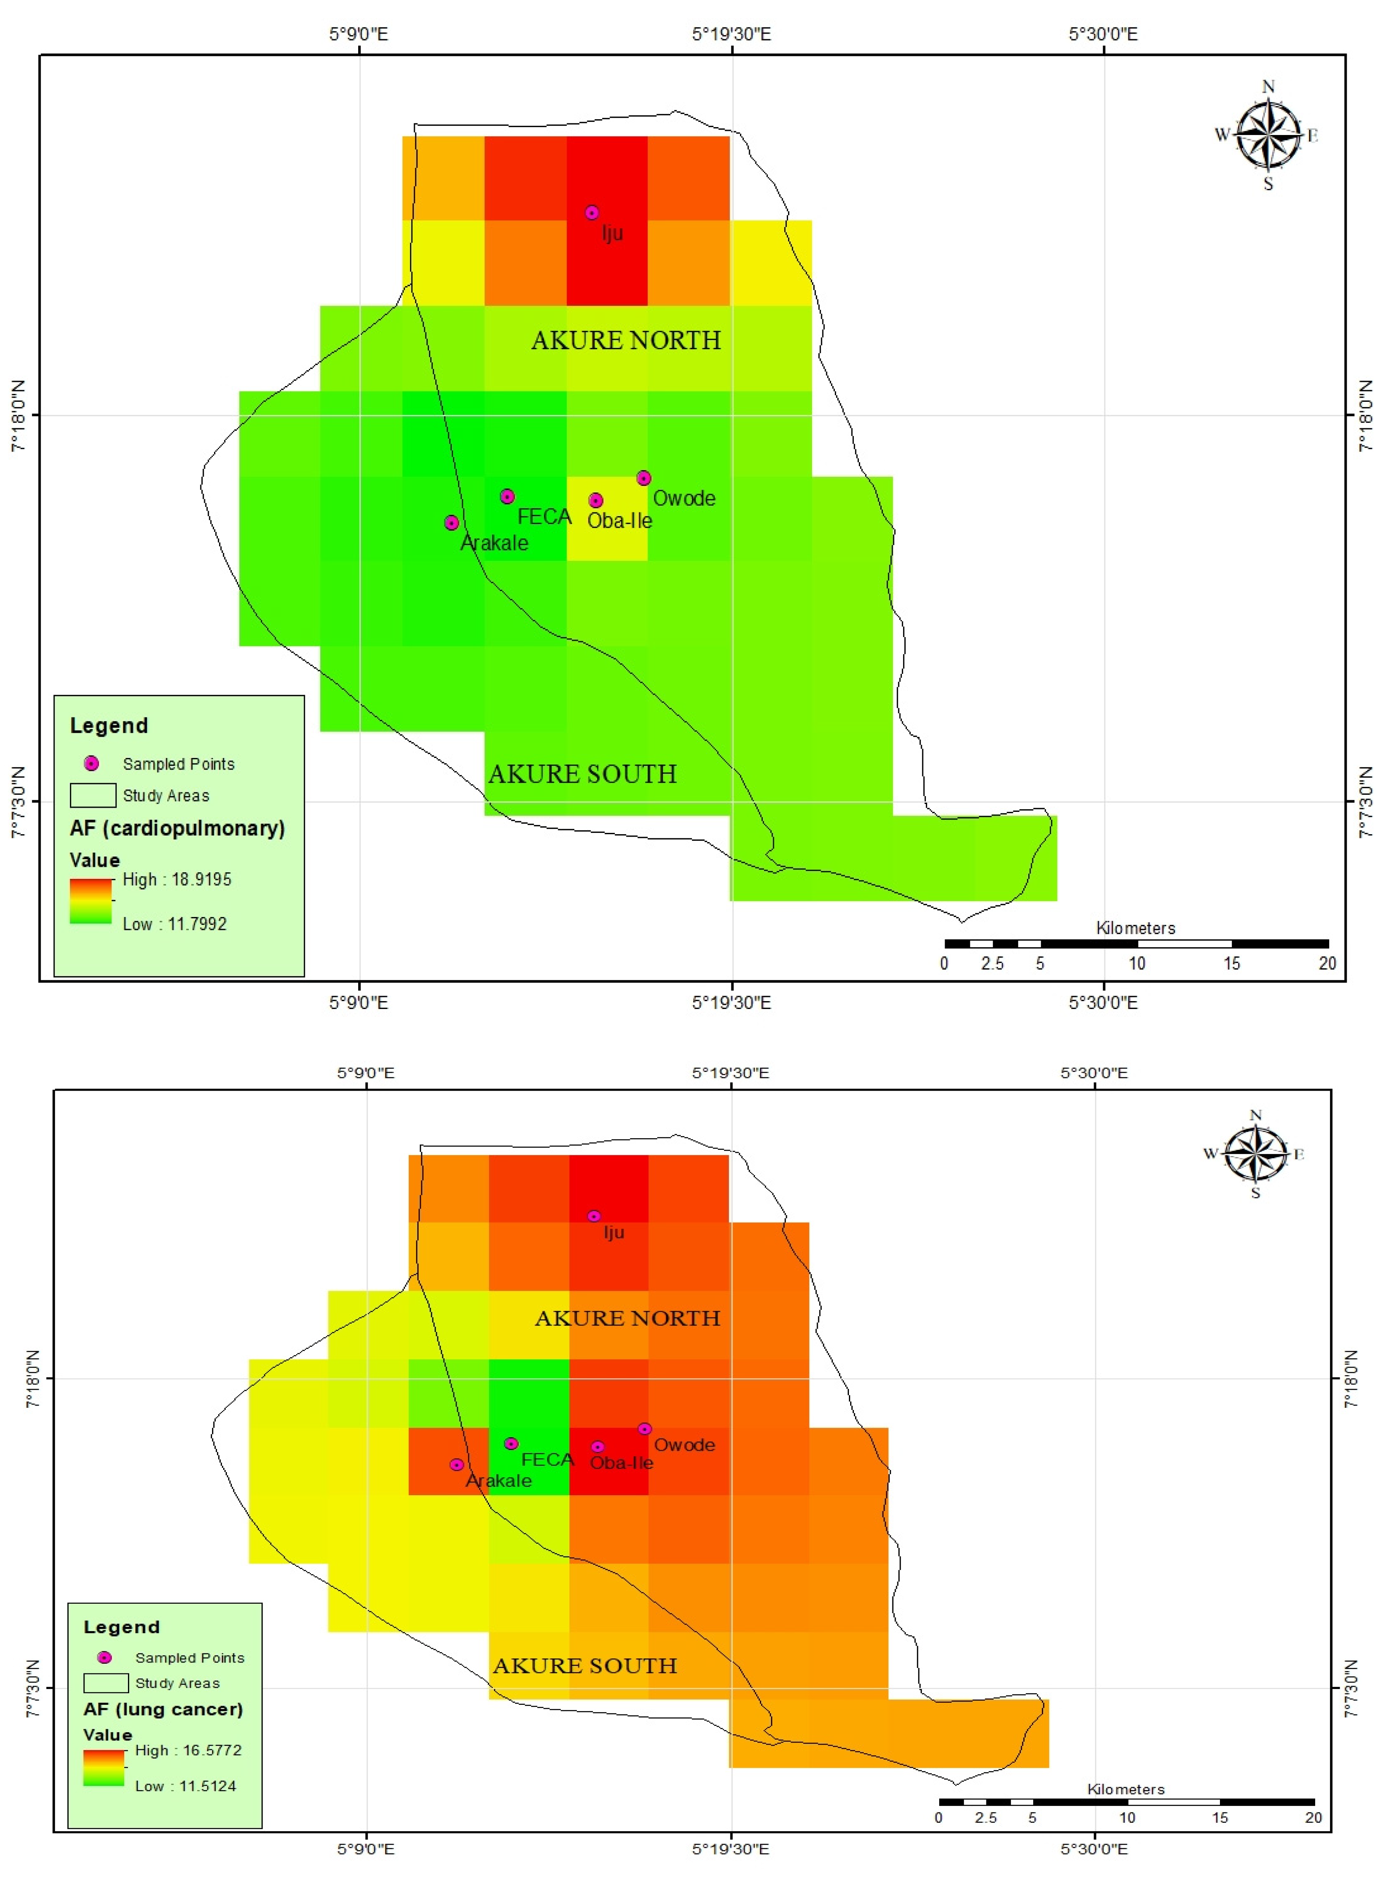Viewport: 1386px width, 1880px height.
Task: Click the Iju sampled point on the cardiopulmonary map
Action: coord(591,212)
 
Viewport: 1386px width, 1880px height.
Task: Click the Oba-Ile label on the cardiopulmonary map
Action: coord(619,521)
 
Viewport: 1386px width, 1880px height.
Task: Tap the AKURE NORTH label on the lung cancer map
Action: coord(627,1318)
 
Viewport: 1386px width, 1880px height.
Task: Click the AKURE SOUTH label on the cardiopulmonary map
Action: coord(582,773)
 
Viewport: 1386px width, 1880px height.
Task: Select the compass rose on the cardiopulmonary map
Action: coord(1268,134)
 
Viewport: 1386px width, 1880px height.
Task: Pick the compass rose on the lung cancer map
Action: coord(1255,1154)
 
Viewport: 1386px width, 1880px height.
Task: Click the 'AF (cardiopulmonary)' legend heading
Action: coord(177,828)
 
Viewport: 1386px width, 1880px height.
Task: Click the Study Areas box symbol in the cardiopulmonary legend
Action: coord(92,794)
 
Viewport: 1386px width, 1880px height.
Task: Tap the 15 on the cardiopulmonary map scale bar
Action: coord(1231,963)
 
